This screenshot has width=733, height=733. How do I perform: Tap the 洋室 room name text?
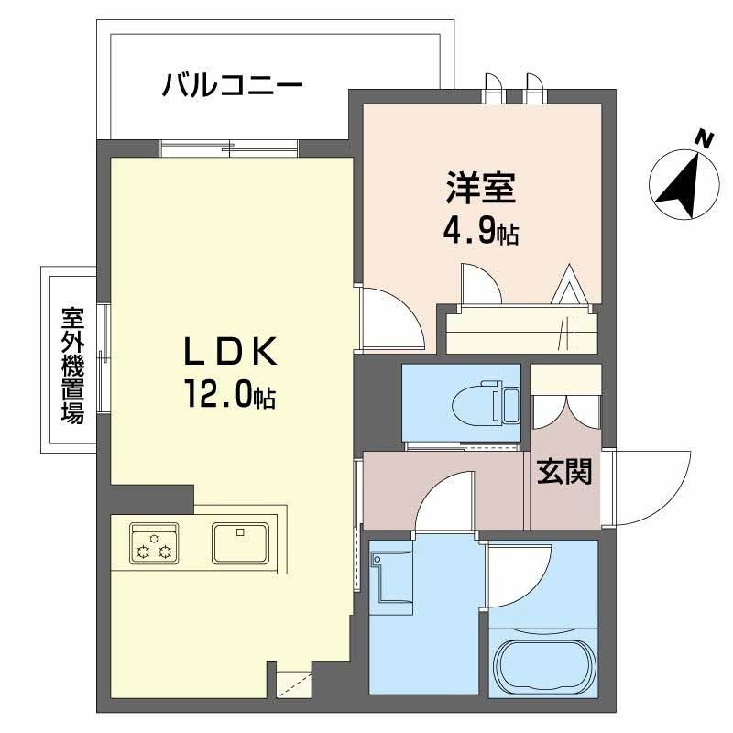coord(482,189)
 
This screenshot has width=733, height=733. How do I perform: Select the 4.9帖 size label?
coord(481,233)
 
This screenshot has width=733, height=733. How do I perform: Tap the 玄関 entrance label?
coord(563,472)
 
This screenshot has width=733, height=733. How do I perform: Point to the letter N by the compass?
coord(704,140)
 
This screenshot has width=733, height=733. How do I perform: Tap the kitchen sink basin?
coord(240,543)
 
